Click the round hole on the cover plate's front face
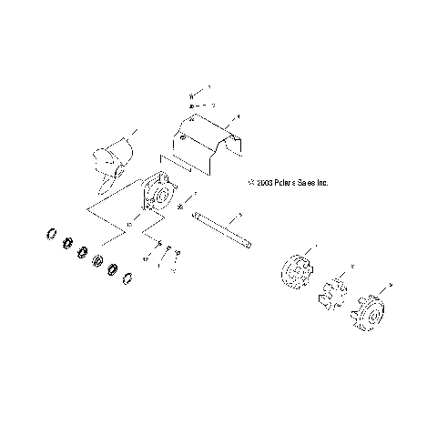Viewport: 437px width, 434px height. pos(184,138)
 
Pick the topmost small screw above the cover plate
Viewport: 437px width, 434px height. pos(191,95)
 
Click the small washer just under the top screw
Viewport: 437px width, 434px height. pos(191,106)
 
